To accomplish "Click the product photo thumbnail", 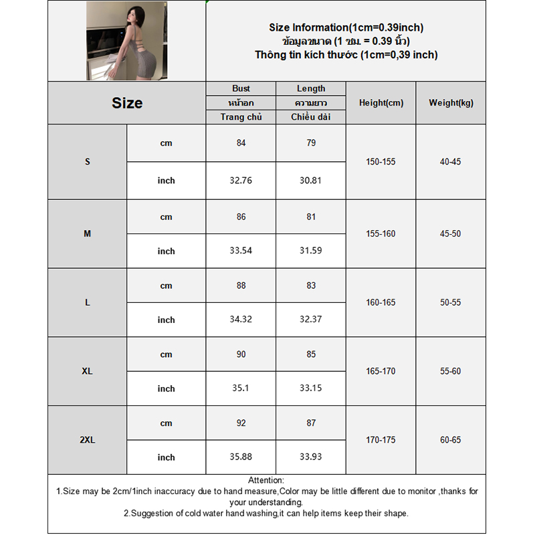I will [x=126, y=41].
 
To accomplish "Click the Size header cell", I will [x=127, y=103].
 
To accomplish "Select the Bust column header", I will [x=241, y=88].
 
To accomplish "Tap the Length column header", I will [x=311, y=88].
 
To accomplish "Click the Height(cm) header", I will [x=381, y=103].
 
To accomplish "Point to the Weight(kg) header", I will [x=451, y=103].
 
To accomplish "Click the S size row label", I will [x=87, y=162].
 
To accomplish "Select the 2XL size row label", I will [x=87, y=440].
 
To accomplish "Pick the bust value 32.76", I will [x=241, y=181].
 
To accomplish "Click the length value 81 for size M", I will [x=311, y=217].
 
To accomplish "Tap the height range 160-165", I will [x=381, y=302].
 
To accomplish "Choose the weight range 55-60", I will [x=451, y=371].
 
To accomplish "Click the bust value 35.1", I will [x=241, y=389].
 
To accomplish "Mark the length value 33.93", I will [x=311, y=457].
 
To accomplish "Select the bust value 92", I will [x=241, y=423].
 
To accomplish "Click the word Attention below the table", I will [x=266, y=480].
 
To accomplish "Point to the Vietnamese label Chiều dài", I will [x=311, y=117].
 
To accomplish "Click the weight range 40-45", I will [x=451, y=162].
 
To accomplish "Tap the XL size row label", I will [x=87, y=371].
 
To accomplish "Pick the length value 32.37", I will [x=311, y=320].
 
